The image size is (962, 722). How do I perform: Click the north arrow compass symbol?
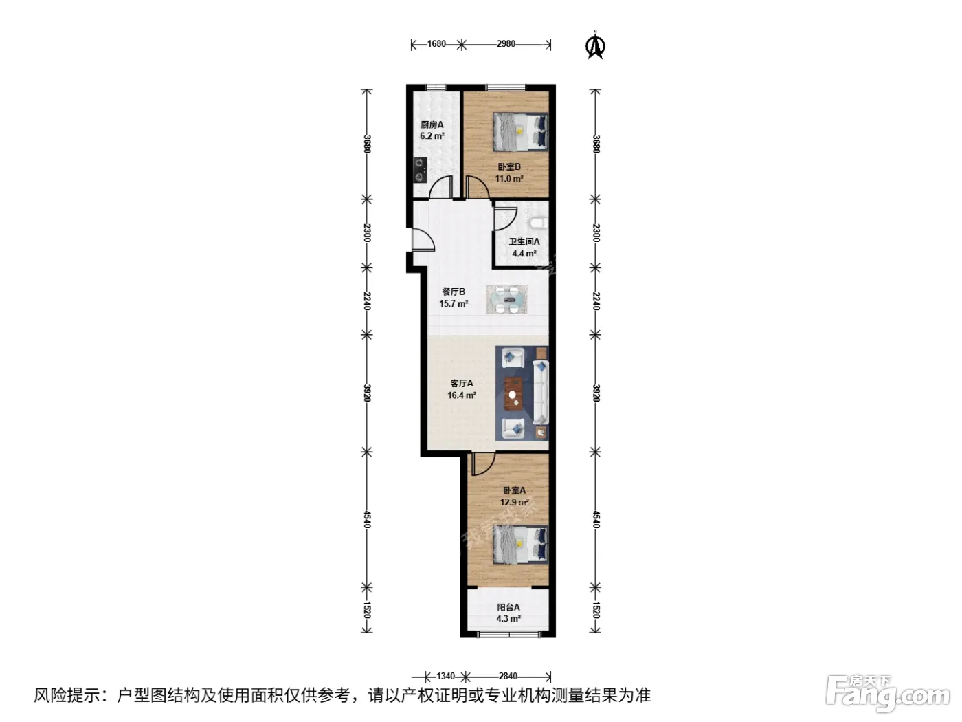coord(595,45)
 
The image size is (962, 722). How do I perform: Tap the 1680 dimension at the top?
coord(436,44)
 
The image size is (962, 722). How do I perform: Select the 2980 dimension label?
coord(506,44)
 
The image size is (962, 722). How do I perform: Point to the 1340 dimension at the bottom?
coord(446,676)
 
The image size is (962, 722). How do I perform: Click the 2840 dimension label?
coord(508,676)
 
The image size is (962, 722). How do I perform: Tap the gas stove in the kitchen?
coord(114,170)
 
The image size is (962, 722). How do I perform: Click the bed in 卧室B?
coord(520,131)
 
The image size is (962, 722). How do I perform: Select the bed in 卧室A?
coord(520,545)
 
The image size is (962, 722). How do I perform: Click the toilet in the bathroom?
coord(539,223)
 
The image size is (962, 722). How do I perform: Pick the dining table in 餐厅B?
coord(506,299)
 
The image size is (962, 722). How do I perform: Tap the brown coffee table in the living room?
coord(513,393)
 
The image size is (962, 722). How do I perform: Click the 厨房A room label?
coord(432,124)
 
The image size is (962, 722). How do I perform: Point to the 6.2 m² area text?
coord(432,136)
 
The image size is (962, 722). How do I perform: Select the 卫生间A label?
coord(524,241)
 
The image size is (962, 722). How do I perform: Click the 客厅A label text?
coord(462,383)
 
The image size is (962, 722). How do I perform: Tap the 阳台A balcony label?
coord(508,607)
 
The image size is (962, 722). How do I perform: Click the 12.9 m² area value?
coord(514,502)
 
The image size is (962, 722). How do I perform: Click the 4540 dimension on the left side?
coord(367,519)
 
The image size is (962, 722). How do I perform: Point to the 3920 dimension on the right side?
coord(596,393)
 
